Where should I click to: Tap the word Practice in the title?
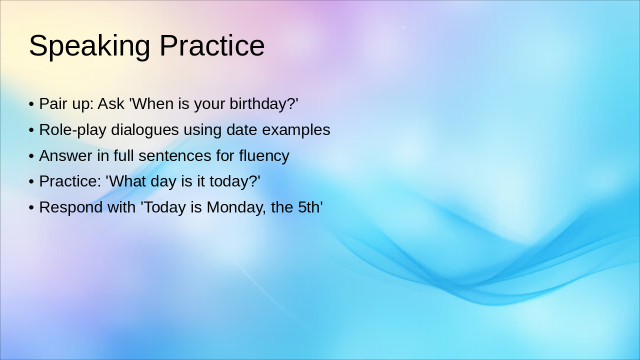click(212, 46)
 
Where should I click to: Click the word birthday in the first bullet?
click(263, 104)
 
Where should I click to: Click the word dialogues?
click(145, 130)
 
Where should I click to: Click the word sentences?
click(175, 156)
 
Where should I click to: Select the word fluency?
click(264, 156)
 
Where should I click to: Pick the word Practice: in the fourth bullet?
click(70, 181)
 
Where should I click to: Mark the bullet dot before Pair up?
click(31, 104)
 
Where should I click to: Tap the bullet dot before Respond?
click(31, 207)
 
